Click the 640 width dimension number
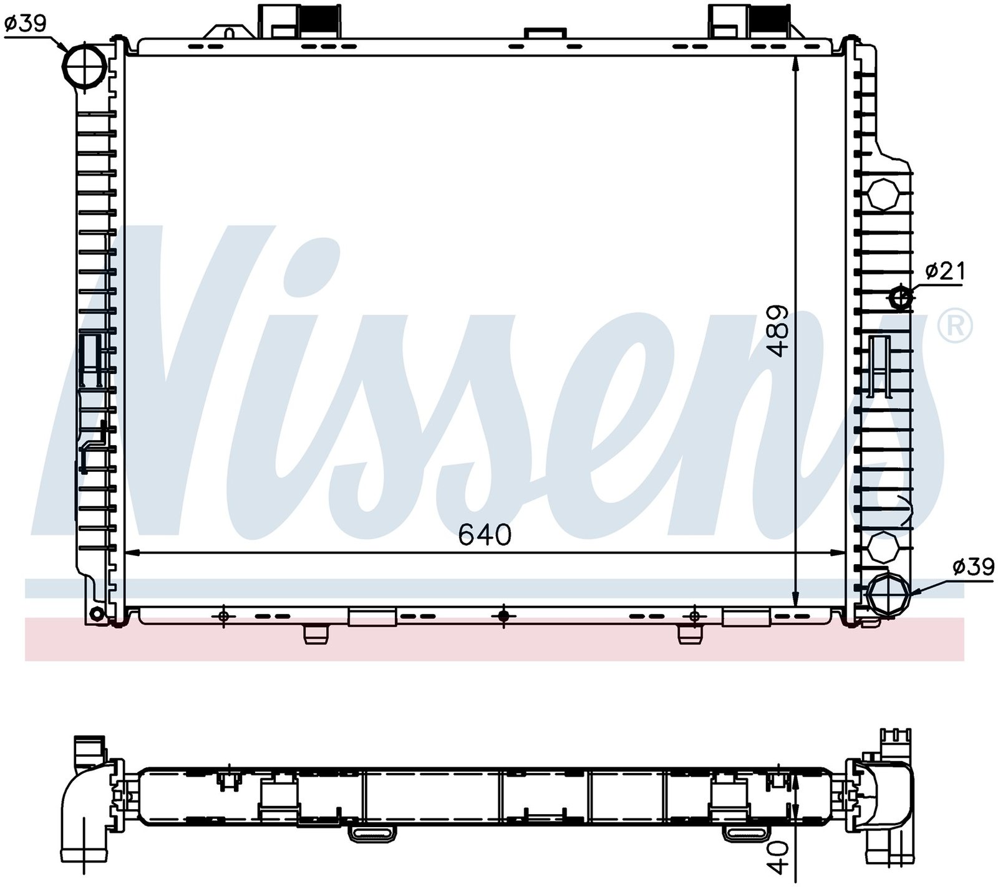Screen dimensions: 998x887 (485, 535)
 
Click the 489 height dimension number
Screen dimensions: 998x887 (778, 331)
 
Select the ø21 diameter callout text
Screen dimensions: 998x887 (945, 272)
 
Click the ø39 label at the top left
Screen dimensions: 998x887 (26, 24)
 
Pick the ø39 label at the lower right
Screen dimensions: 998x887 (973, 567)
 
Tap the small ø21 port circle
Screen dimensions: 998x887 (901, 298)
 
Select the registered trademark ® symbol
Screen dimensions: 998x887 (955, 325)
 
